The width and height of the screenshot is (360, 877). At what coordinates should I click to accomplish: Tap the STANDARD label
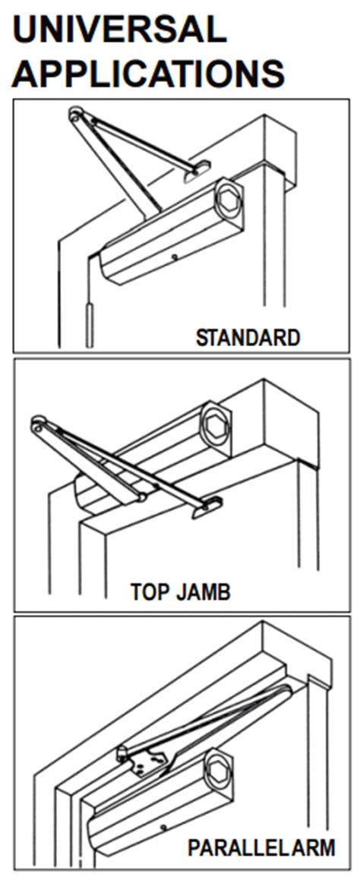click(248, 338)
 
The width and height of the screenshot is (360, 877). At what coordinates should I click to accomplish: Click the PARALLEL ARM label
click(261, 848)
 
